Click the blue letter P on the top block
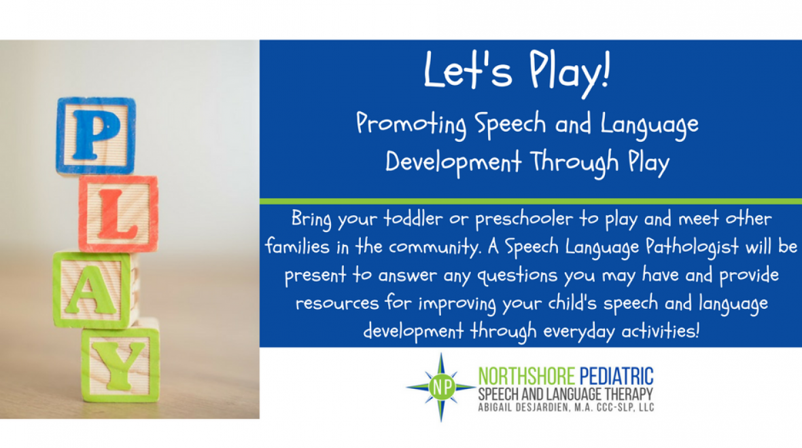click(95, 135)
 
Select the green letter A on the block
click(90, 290)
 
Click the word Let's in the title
click(459, 69)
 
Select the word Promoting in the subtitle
click(411, 125)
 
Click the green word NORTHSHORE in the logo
click(527, 375)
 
